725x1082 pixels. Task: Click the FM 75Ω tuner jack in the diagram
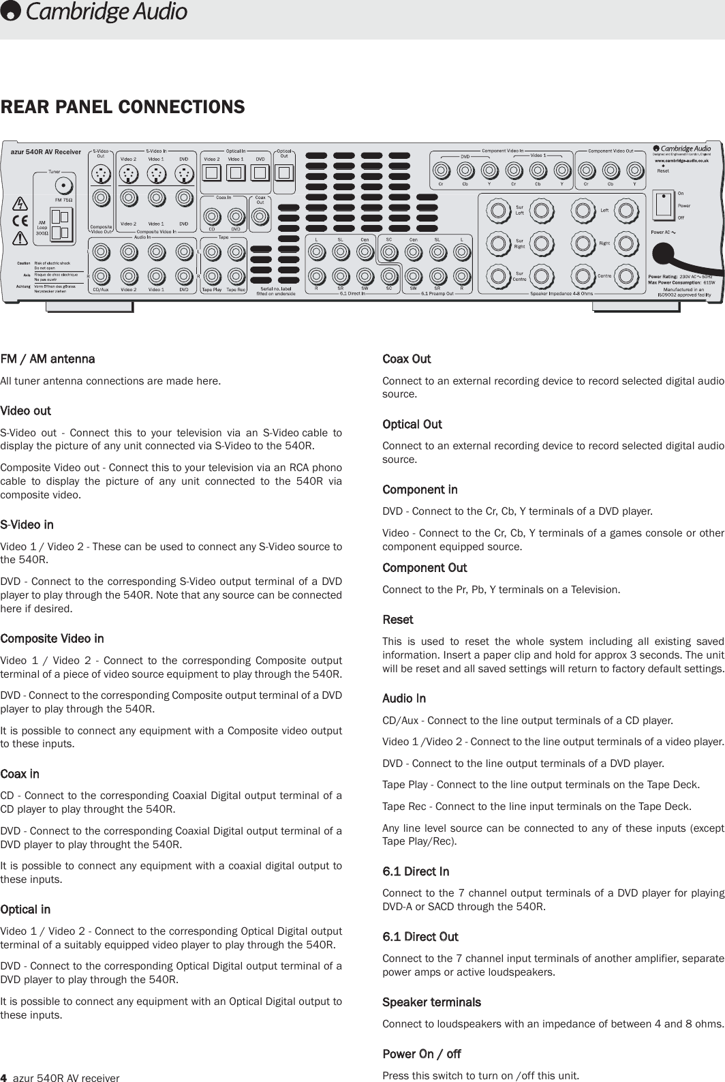coord(63,185)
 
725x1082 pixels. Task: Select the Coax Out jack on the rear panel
coord(259,217)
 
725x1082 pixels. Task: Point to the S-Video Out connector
coord(102,175)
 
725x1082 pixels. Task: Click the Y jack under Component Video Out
coord(634,170)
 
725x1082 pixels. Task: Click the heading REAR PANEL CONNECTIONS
coord(123,108)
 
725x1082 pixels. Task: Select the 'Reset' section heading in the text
coord(398,620)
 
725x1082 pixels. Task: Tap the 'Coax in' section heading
coord(20,774)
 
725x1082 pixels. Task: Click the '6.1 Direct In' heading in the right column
coord(416,871)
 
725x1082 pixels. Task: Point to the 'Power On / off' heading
coord(422,1054)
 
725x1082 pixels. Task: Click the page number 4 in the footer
coord(3,1077)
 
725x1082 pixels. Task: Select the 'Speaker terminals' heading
coord(431,1002)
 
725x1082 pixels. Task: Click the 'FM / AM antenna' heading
coord(48,359)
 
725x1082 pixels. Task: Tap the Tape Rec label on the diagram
coord(236,289)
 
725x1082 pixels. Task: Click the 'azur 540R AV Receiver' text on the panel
coord(46,151)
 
